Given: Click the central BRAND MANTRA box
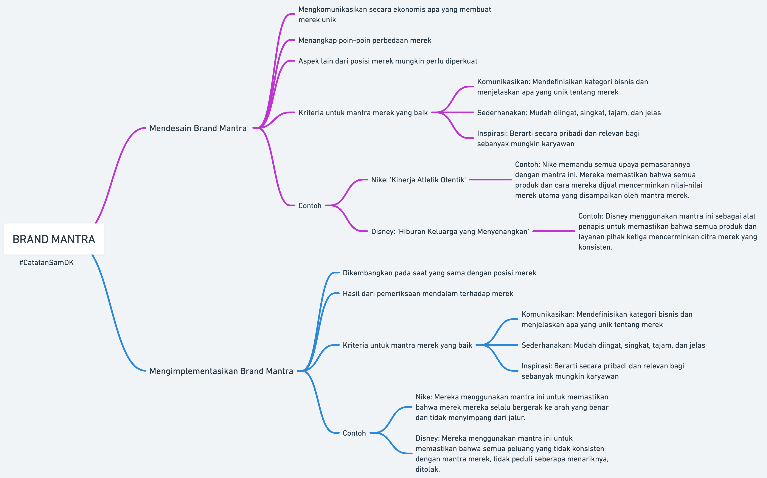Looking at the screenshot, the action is [x=54, y=239].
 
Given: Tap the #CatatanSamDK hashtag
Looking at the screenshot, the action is [x=47, y=262].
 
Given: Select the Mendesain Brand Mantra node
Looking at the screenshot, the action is [x=198, y=128].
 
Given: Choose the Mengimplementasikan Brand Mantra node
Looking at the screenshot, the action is [x=221, y=371].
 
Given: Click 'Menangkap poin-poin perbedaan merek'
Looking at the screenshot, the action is [x=365, y=40].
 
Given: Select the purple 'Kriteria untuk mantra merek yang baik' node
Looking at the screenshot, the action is [x=363, y=113].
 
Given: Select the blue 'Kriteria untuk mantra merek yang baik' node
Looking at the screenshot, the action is [x=407, y=345].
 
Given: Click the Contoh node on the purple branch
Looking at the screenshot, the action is [x=310, y=206].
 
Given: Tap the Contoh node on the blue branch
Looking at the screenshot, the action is [x=354, y=433].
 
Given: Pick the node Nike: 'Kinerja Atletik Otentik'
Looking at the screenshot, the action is [x=418, y=180].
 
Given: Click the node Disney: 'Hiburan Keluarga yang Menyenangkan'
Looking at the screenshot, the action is [x=450, y=231].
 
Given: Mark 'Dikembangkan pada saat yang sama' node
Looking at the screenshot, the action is [x=439, y=273].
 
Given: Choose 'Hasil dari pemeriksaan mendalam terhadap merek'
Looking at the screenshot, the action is [x=428, y=293].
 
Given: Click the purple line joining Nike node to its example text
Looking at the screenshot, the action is [x=490, y=180].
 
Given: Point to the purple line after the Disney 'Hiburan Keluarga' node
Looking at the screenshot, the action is [x=554, y=231].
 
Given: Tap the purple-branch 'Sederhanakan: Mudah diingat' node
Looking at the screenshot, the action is [x=569, y=113].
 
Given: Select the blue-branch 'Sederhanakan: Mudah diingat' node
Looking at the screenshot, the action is [x=613, y=345].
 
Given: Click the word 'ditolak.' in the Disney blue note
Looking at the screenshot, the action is [x=427, y=469].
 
